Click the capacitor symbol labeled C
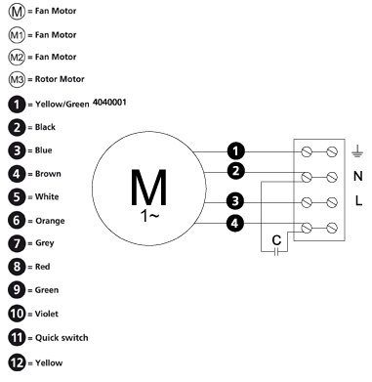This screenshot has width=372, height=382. click(276, 251)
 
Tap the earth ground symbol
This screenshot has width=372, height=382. click(357, 151)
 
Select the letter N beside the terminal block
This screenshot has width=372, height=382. click(358, 176)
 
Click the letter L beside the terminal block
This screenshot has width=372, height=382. click(358, 200)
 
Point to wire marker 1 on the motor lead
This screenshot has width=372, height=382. click(235, 151)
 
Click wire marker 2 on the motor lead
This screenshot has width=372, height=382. click(235, 171)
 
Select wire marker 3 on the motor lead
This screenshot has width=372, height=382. click(235, 201)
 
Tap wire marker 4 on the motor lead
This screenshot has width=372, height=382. click(234, 224)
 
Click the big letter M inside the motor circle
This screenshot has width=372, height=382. click(148, 187)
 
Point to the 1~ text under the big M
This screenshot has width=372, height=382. click(149, 216)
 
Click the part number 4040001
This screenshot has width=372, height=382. click(109, 103)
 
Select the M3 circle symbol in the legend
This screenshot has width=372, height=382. click(17, 79)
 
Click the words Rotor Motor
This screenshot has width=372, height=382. click(60, 79)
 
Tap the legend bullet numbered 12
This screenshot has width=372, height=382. click(17, 362)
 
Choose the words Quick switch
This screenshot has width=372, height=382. click(62, 338)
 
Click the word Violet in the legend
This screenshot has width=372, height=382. click(47, 314)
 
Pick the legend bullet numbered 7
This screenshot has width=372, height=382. click(17, 243)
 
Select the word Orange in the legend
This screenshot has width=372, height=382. click(50, 221)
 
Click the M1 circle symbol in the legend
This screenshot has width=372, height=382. click(17, 35)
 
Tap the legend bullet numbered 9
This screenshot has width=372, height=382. click(17, 290)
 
